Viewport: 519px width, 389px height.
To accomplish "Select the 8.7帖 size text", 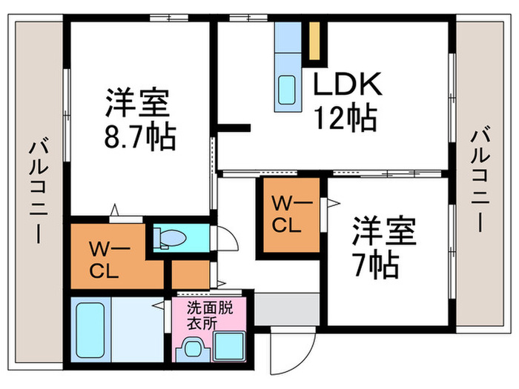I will tap(139, 136).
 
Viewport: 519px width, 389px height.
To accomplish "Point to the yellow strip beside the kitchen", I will tap(315, 41).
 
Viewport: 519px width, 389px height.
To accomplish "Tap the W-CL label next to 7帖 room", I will tap(286, 215).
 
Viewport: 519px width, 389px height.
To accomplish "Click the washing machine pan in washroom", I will tap(231, 347).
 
